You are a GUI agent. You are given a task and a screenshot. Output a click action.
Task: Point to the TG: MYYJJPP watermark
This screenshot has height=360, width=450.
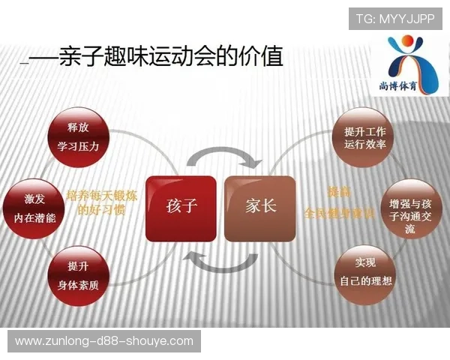pos(394,18)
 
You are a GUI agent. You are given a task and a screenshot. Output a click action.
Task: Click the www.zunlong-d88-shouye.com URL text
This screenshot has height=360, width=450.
pos(104,341)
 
